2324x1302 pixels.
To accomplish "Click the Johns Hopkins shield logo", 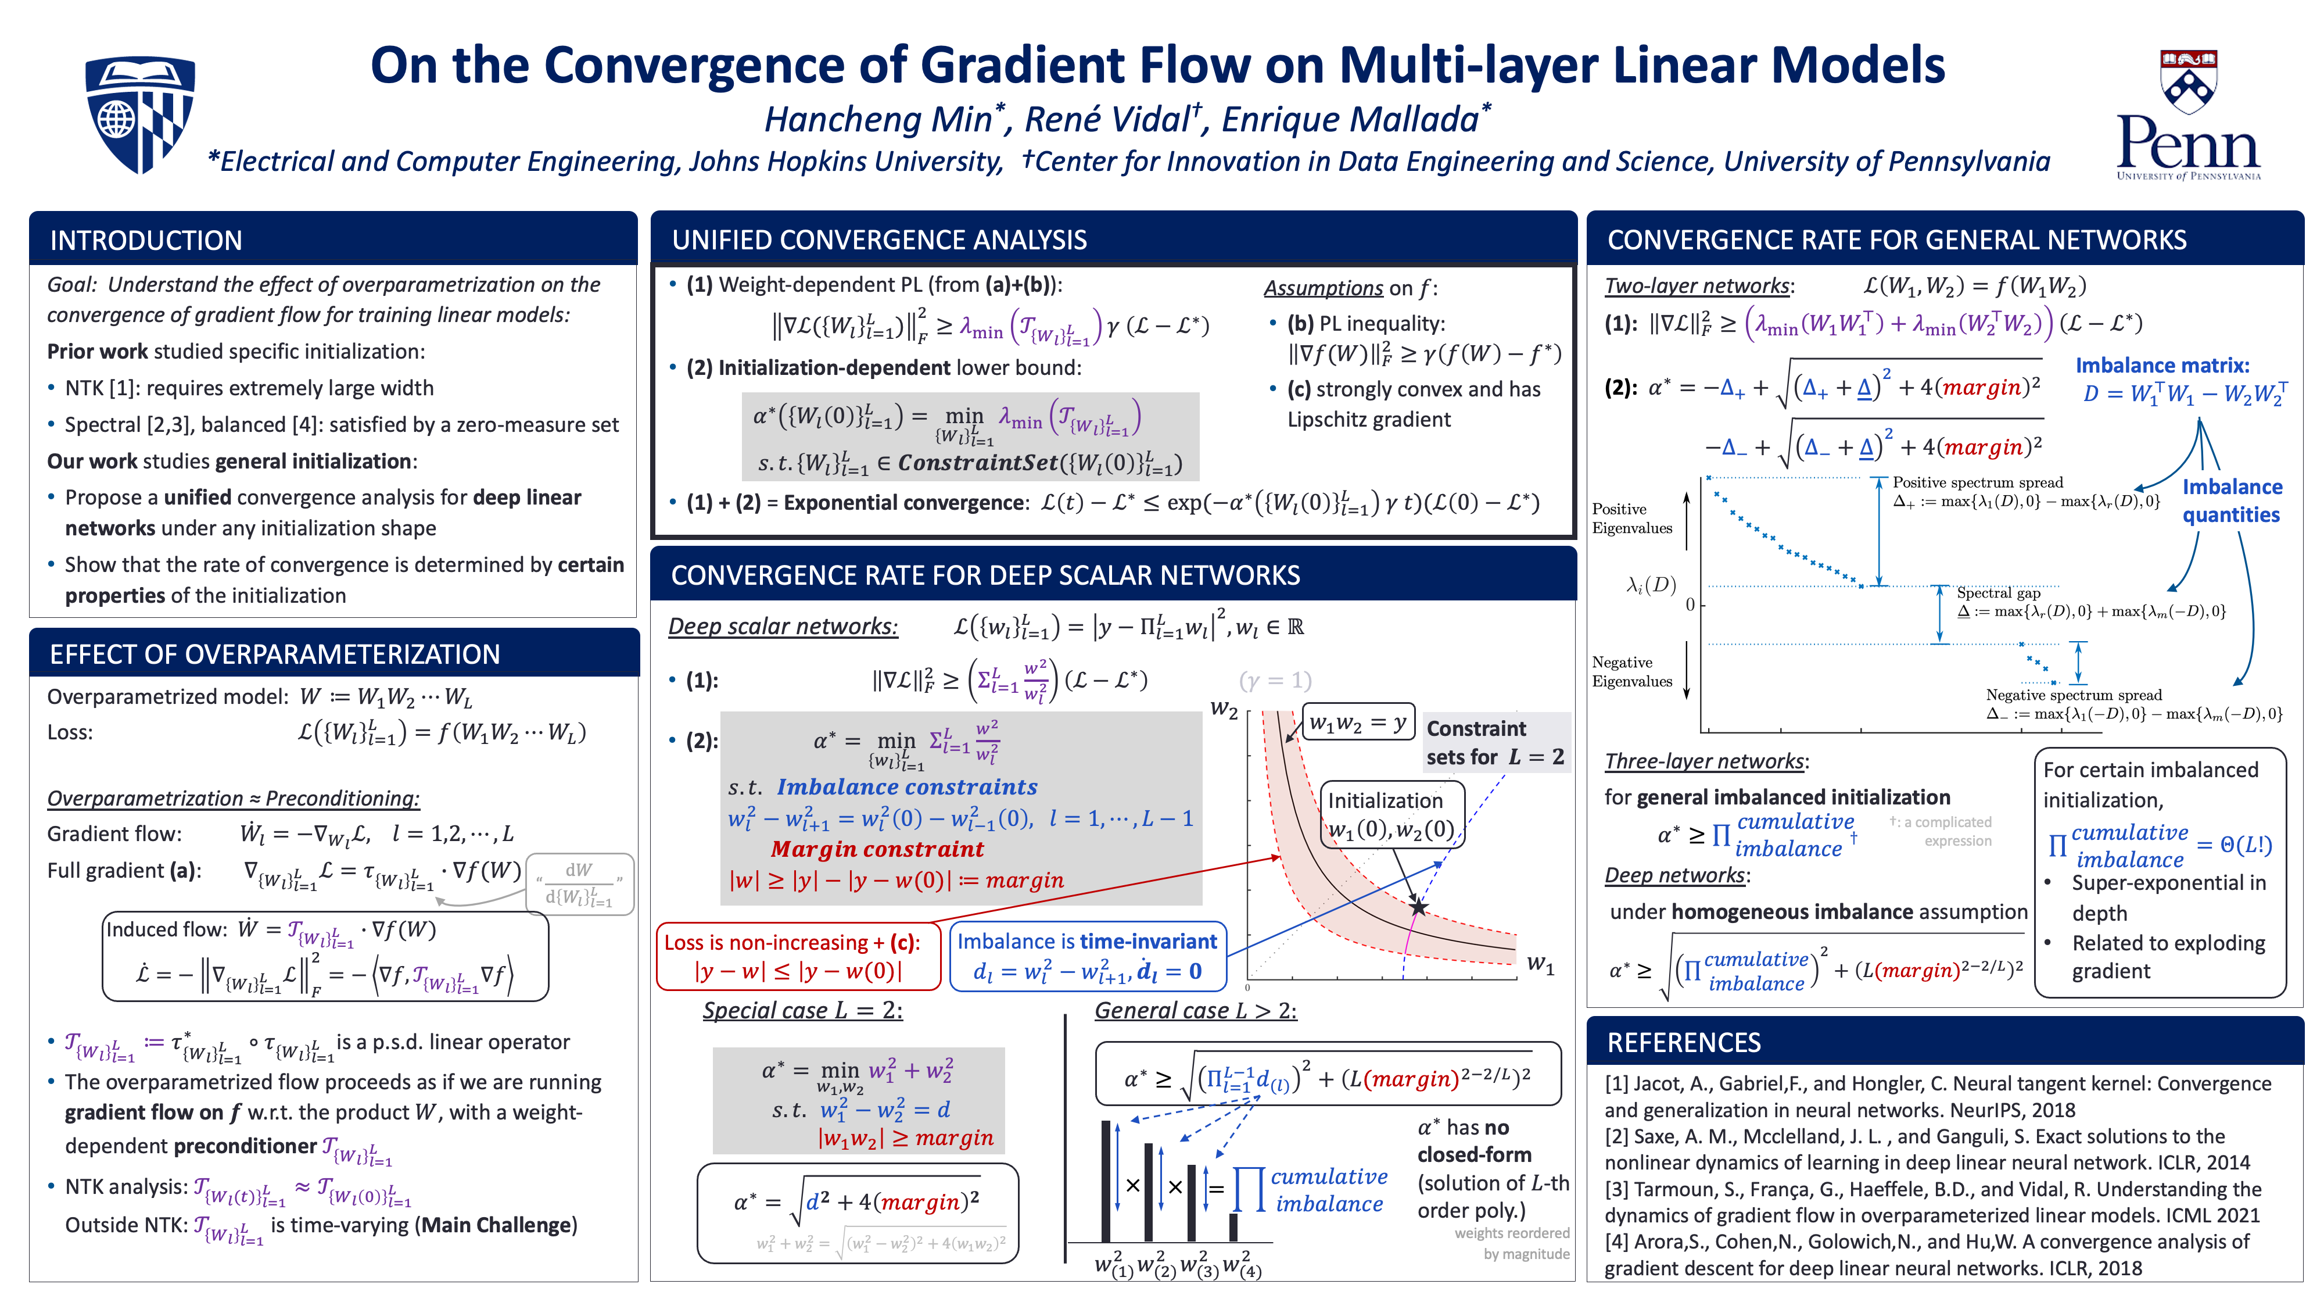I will (140, 114).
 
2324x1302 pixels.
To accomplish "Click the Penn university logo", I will (2188, 116).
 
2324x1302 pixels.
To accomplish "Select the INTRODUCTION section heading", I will (146, 240).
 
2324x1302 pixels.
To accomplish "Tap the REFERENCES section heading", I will (1684, 1042).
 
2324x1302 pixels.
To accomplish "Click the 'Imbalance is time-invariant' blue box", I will (1087, 956).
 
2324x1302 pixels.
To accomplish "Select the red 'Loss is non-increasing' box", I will (792, 956).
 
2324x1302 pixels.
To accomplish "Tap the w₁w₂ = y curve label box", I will (1358, 722).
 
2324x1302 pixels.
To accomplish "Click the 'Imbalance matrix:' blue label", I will (2161, 366).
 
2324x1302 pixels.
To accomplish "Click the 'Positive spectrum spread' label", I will (1978, 482).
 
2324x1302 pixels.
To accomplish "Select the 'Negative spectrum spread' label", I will (2073, 695).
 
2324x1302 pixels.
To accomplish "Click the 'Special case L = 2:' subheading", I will (802, 1011).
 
